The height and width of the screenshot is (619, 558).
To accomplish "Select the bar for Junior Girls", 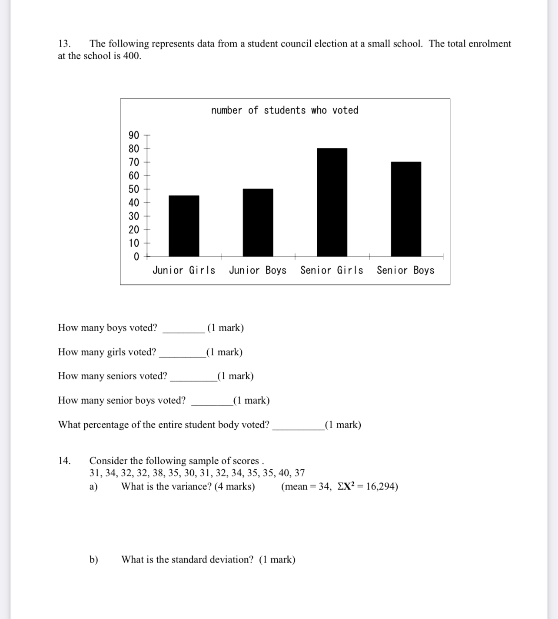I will point(184,226).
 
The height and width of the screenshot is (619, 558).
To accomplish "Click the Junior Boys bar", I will point(258,222).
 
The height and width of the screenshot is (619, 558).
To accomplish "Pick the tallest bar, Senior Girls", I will point(332,202).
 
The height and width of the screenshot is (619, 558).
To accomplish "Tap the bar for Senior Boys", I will point(406,209).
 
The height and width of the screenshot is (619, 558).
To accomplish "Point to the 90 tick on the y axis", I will point(134,135).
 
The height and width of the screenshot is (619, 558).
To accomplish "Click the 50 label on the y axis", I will point(134,189).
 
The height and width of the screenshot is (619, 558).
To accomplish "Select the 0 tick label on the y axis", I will point(136,257).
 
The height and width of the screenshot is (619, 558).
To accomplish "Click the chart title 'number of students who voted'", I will point(285,110).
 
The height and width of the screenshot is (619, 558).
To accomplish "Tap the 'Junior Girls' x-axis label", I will point(184,271).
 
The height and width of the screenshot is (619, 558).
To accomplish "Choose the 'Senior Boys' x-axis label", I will point(405,271).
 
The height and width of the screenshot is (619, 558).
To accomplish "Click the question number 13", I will point(64,44).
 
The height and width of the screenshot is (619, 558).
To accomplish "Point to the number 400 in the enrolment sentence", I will point(131,56).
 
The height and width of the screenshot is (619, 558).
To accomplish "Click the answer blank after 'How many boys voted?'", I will point(183,329).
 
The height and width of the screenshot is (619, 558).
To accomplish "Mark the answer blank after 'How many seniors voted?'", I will point(193,377).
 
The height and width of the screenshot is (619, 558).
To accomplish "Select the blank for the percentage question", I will point(298,426).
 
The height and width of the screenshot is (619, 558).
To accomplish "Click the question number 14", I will point(64,461).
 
